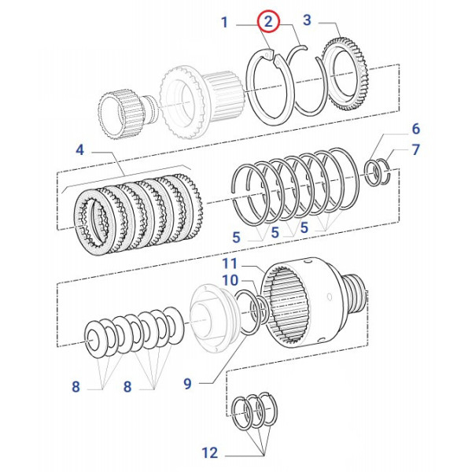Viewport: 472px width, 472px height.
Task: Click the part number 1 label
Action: pyautogui.click(x=224, y=23)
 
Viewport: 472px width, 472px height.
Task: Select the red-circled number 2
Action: pyautogui.click(x=268, y=22)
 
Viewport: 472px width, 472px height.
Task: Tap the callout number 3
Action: pyautogui.click(x=307, y=20)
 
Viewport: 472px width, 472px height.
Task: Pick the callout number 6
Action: pyautogui.click(x=416, y=129)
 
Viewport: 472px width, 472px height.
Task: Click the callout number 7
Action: pyautogui.click(x=416, y=150)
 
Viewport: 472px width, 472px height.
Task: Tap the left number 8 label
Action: pyautogui.click(x=76, y=386)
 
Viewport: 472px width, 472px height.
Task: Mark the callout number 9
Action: pyautogui.click(x=187, y=384)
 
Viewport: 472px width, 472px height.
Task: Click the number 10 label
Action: pyautogui.click(x=229, y=280)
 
